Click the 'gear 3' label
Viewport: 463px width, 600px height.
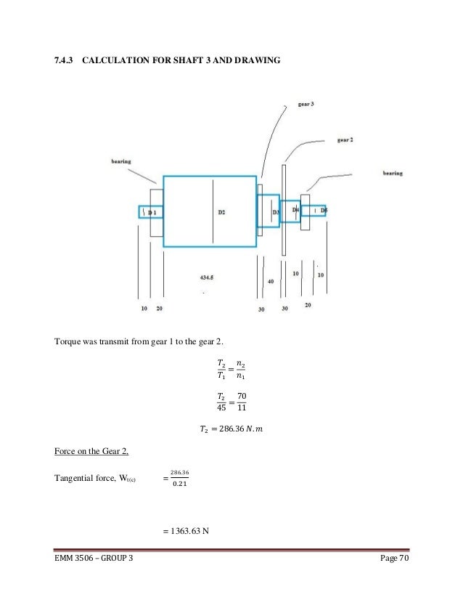coord(306,104)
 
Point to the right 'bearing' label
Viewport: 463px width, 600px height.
coord(393,173)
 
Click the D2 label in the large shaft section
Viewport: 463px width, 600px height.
coord(222,212)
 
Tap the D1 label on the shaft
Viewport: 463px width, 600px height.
coord(152,212)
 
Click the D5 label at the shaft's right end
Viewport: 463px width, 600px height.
coord(324,210)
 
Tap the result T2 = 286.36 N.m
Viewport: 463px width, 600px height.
coord(231,430)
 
